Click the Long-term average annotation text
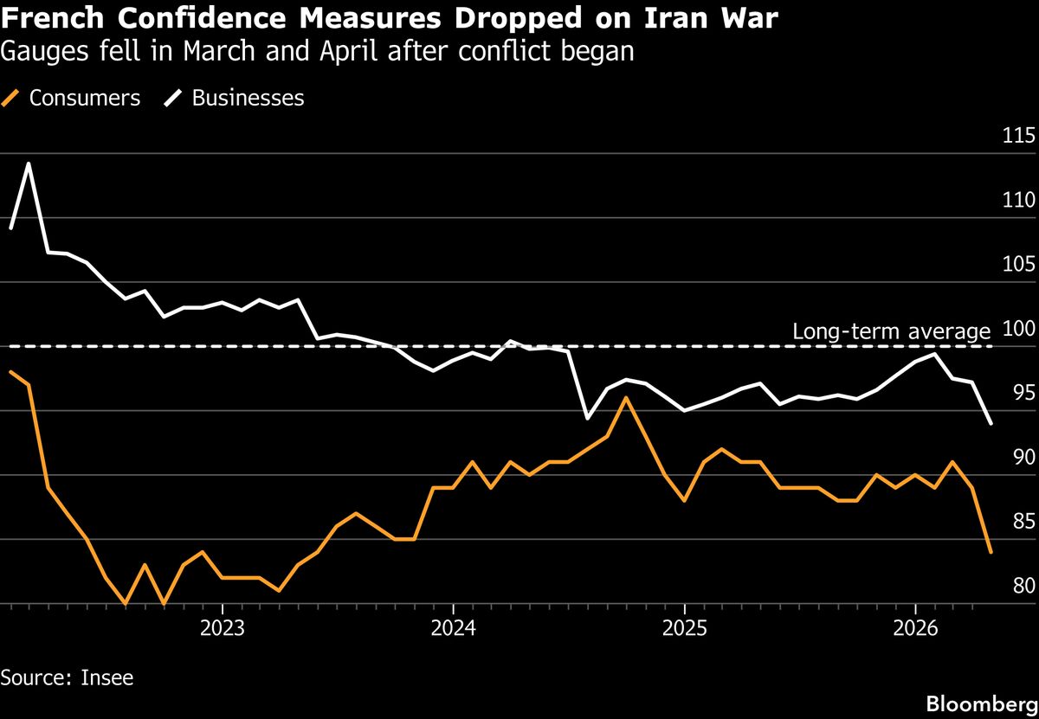point(891,331)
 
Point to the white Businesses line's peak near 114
point(29,163)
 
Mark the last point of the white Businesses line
point(991,424)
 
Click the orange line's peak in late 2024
point(626,398)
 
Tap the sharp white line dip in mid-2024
point(588,419)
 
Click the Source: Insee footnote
point(68,677)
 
